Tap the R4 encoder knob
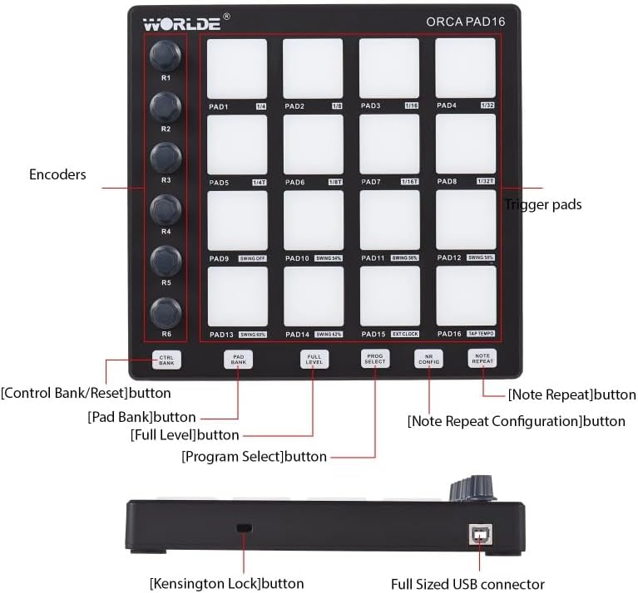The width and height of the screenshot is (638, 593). (165, 208)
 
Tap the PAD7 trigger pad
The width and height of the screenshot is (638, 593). (389, 144)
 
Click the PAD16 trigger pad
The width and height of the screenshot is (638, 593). (465, 296)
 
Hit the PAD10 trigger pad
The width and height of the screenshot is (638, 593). (313, 220)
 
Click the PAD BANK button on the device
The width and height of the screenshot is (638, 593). (239, 360)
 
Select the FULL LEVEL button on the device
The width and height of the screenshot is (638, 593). (314, 360)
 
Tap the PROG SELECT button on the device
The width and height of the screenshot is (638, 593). (374, 359)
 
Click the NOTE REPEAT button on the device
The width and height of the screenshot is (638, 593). (482, 359)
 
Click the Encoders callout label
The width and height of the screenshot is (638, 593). (57, 174)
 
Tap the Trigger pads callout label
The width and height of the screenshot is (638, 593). (543, 204)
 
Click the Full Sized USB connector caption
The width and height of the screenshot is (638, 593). (467, 584)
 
